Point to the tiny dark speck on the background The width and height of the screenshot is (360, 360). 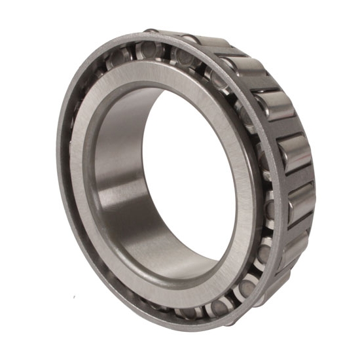point(74,298)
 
